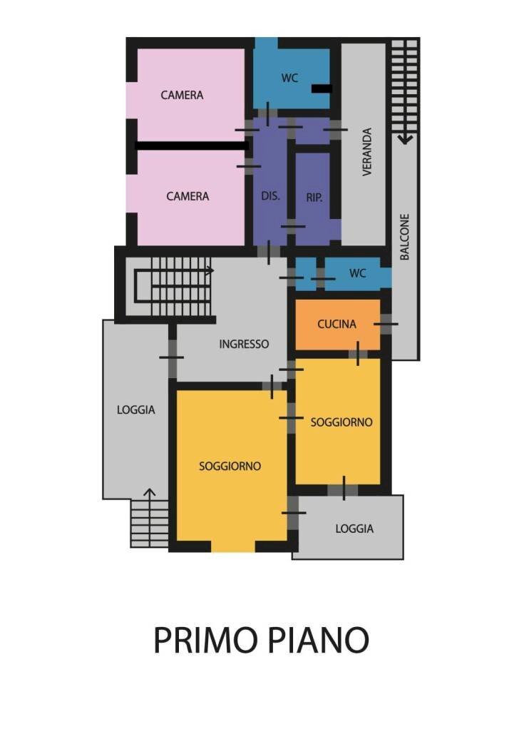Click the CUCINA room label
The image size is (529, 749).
point(337,325)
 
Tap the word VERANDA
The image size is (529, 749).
point(367,152)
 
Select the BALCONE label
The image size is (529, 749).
point(404,237)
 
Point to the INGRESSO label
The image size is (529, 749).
point(244,344)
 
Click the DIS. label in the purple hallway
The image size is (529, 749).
point(270,197)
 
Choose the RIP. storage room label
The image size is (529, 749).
point(314,198)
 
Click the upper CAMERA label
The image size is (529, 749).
point(182,95)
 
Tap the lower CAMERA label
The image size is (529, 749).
point(188,196)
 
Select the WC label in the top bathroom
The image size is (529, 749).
point(289,78)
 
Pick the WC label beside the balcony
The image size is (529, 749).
point(357,273)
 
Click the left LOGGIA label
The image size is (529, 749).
point(135,410)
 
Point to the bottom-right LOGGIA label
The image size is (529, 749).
point(354,529)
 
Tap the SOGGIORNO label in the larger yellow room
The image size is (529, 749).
point(230,467)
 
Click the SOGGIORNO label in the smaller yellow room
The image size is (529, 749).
point(341,422)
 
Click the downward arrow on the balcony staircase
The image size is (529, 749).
point(404,137)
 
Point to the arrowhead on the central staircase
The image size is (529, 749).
point(210,271)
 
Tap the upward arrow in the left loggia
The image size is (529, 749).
point(150,493)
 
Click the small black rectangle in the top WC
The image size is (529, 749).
point(322,89)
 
